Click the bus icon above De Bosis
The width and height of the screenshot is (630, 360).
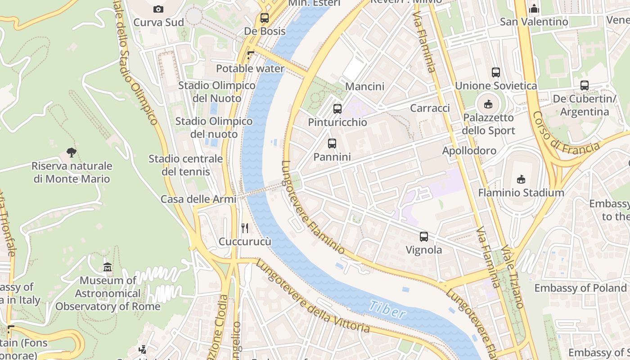[265, 18]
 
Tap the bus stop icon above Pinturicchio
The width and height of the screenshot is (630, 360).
[337, 108]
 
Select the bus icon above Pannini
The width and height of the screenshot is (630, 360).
[332, 144]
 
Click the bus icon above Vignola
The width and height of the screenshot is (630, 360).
[424, 236]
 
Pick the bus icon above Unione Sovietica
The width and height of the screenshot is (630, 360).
[496, 72]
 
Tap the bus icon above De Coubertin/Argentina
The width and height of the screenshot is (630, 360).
[585, 85]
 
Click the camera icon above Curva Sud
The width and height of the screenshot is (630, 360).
[158, 9]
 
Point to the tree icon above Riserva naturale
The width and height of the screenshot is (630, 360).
[72, 152]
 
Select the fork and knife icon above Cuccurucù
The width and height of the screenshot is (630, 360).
[245, 228]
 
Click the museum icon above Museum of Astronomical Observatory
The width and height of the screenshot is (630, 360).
[108, 267]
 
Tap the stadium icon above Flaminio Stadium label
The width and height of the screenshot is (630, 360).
[521, 179]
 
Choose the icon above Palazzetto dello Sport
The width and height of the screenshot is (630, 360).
[488, 104]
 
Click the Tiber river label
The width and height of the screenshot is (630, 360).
[387, 310]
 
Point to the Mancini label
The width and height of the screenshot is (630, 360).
[364, 86]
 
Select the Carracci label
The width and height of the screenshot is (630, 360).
[430, 108]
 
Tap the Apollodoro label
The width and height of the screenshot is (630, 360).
[469, 151]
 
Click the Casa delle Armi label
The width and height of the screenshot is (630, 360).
[198, 199]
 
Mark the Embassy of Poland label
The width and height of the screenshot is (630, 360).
[580, 288]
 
